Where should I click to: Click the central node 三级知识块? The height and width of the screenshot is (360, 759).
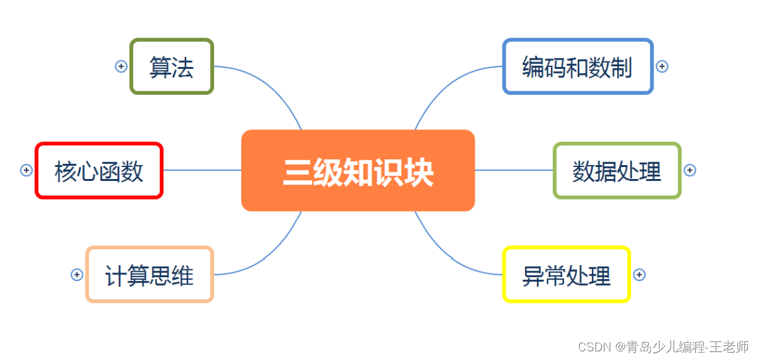pos(358,170)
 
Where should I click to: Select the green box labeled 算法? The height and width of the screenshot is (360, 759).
pos(172,66)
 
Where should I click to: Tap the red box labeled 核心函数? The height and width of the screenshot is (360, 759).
pos(99,170)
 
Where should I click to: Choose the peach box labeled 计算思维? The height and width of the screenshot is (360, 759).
pos(150,274)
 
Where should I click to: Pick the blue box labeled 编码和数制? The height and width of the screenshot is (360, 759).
pos(577,66)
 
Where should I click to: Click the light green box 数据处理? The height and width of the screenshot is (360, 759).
pos(617,170)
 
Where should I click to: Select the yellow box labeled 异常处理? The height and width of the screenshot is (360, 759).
pos(566,274)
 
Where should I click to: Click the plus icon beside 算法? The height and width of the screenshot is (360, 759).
pos(121,66)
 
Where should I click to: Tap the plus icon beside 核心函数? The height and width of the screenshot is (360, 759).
pos(27,170)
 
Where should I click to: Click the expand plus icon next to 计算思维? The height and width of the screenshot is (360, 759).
pos(77,274)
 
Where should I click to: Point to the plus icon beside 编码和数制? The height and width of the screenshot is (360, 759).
pos(662,66)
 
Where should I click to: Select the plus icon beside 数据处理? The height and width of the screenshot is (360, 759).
pos(689,170)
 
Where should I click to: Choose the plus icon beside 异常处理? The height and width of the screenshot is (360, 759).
pos(639,274)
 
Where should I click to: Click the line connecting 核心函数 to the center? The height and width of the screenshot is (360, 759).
pos(202,170)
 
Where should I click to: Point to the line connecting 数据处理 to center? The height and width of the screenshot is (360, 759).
pos(514,170)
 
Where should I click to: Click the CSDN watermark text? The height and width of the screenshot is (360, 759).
pos(663,347)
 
